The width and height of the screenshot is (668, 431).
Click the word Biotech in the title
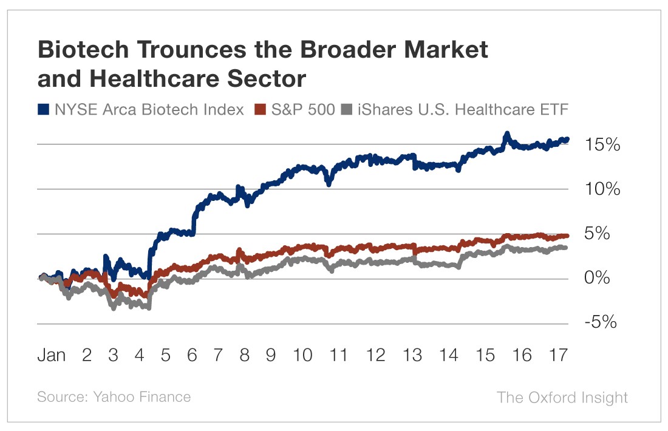tap(82, 50)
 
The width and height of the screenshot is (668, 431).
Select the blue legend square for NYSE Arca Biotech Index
tap(44, 110)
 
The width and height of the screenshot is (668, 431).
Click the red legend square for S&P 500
tap(259, 110)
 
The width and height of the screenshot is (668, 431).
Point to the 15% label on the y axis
tap(602, 145)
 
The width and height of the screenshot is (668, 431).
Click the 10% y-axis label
tap(602, 189)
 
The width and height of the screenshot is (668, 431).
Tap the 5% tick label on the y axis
tap(606, 234)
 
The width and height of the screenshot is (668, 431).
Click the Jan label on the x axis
tap(52, 356)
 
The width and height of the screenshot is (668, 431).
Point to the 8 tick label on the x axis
tap(244, 356)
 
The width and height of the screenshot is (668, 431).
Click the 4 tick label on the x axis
tap(139, 356)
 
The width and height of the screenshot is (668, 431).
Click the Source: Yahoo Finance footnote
tap(114, 398)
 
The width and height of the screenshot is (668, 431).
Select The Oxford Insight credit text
tap(562, 398)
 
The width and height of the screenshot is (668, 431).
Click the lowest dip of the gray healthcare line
tap(114, 308)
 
